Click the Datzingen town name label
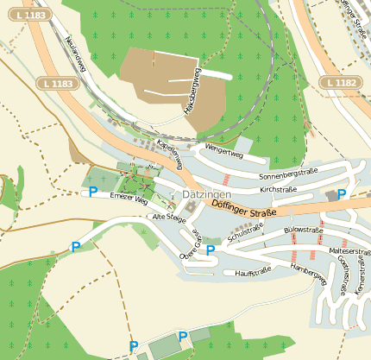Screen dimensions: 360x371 (x=205, y=196)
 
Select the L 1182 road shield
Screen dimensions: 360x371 (x=339, y=81)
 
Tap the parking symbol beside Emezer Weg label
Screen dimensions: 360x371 (x=92, y=191)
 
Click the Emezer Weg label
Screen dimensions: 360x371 (x=129, y=199)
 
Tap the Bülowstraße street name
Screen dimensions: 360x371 (x=303, y=231)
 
